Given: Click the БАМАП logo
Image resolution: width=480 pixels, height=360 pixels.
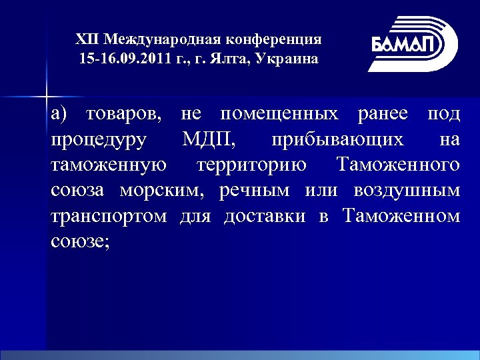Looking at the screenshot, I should point(412,44).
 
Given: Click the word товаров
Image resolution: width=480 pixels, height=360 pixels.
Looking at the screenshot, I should point(125,114).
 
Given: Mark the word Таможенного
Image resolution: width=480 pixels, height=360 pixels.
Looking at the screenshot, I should point(398,165).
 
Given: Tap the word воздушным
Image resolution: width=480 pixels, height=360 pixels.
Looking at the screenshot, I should point(407,191).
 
